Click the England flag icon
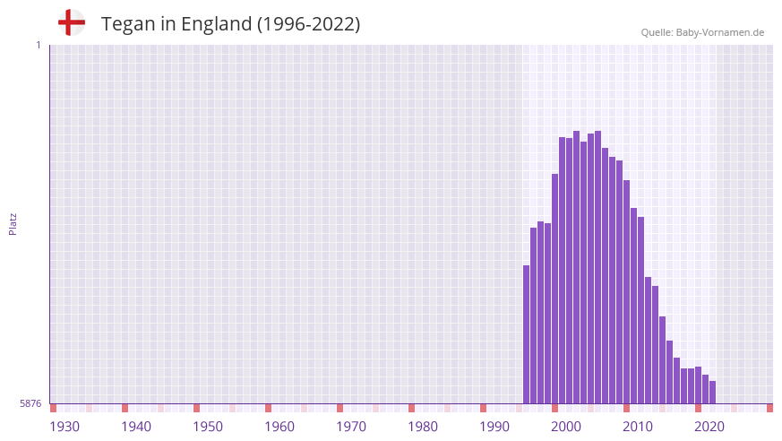(71, 22)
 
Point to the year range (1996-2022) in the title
(309, 24)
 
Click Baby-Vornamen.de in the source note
(720, 32)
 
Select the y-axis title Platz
(13, 224)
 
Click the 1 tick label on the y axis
(38, 45)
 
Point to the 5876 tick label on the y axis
(30, 404)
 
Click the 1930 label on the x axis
(64, 427)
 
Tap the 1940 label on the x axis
(136, 427)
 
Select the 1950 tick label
(208, 427)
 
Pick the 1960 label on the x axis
(279, 427)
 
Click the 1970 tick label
(351, 427)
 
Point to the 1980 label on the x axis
(423, 427)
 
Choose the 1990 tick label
(494, 427)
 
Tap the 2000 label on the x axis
(566, 427)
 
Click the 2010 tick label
(638, 427)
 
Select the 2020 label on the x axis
(709, 427)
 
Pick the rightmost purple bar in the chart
(713, 393)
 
